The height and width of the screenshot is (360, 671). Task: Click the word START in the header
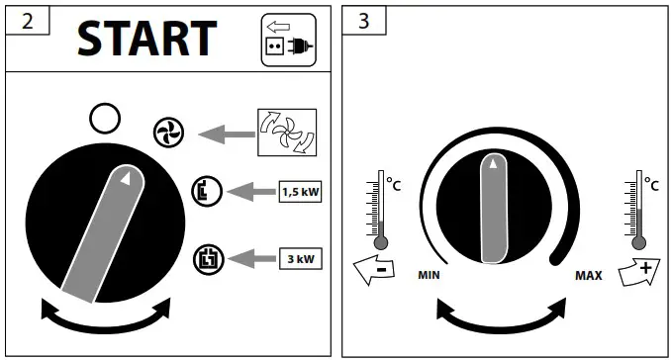tap(146, 38)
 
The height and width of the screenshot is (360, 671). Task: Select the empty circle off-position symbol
tap(105, 119)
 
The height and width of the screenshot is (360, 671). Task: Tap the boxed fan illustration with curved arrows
tap(286, 133)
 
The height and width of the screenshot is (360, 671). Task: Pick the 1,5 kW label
tap(301, 189)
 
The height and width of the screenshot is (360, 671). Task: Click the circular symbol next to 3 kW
tap(209, 258)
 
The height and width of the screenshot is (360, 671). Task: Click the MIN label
tap(429, 276)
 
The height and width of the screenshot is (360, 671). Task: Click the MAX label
tap(589, 276)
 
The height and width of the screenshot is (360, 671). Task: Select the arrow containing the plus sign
tap(640, 272)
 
